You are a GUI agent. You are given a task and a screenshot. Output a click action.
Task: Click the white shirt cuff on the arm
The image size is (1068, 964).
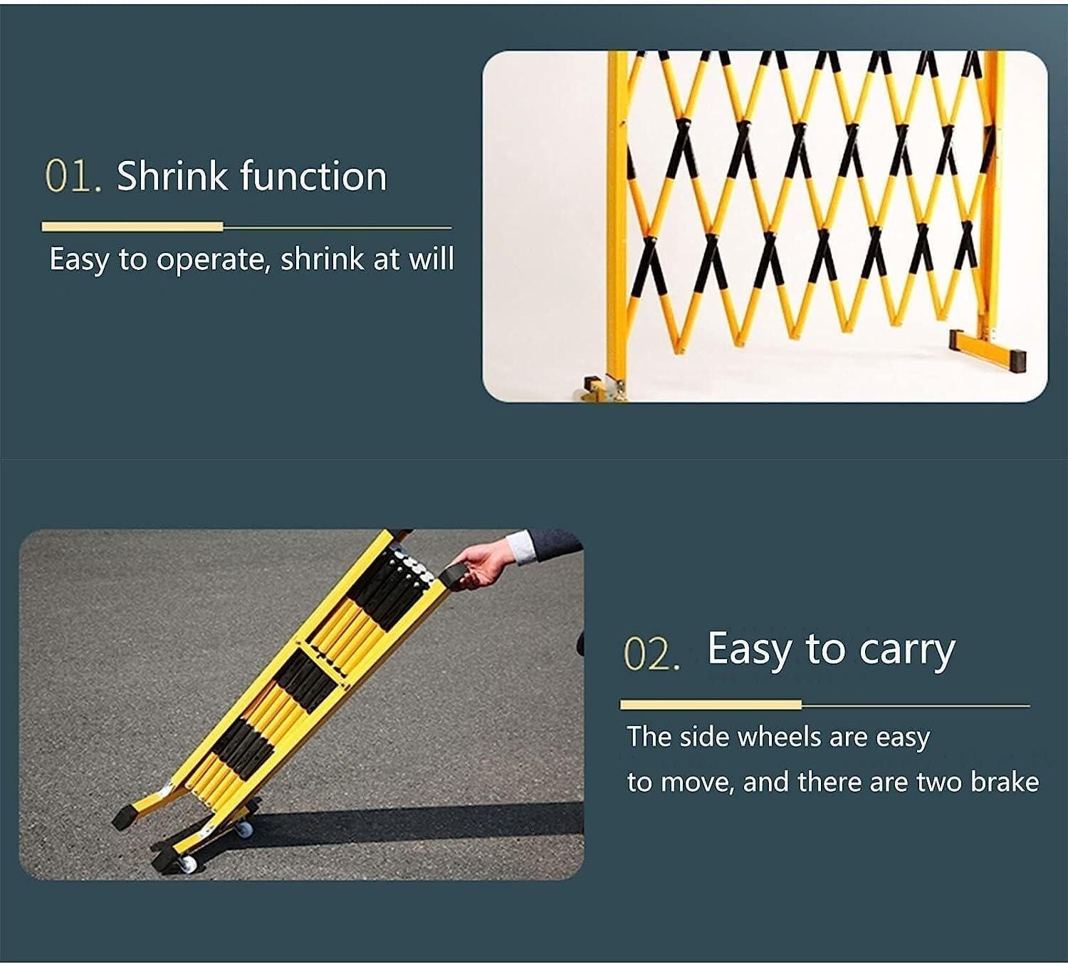[520, 547]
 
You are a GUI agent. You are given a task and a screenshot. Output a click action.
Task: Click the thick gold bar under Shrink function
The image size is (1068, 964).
[132, 227]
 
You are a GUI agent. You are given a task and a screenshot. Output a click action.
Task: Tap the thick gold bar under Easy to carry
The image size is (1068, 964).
[711, 705]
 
